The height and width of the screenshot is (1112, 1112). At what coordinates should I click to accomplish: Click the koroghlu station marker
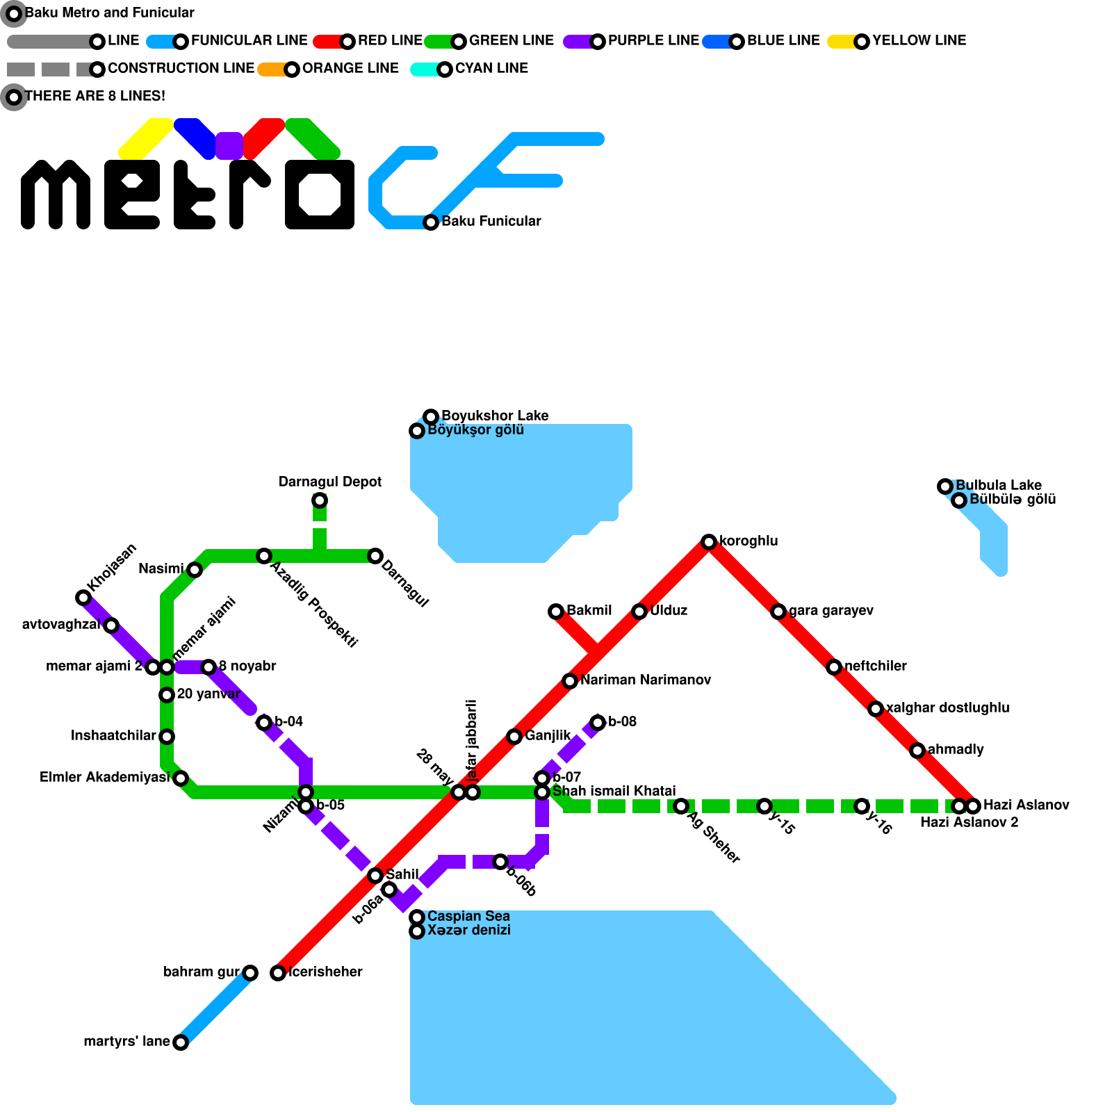tap(708, 542)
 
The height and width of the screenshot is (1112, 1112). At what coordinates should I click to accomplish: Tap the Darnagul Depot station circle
tap(319, 500)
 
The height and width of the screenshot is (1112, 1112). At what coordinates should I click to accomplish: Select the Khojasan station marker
tap(83, 598)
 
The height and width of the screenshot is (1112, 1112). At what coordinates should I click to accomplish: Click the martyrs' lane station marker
tap(180, 1042)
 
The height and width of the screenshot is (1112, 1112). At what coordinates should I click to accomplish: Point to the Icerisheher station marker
tap(278, 973)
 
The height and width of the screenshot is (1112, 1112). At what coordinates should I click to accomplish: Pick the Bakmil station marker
tap(555, 612)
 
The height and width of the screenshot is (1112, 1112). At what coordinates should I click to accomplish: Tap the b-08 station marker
tap(598, 723)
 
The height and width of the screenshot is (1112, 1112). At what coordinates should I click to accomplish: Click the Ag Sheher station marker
tap(681, 806)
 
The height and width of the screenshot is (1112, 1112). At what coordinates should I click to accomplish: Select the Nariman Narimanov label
tap(645, 680)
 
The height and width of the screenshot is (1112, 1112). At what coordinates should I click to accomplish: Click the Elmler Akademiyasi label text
tap(104, 777)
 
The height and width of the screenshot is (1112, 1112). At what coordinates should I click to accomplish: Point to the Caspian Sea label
tap(468, 916)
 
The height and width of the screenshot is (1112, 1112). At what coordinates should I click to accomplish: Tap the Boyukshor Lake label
tap(494, 416)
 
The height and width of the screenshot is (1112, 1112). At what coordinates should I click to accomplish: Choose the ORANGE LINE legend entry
tap(350, 68)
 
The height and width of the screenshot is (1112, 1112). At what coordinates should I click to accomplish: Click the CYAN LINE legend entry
tap(491, 68)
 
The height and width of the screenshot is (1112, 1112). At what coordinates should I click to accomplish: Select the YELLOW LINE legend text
tap(919, 40)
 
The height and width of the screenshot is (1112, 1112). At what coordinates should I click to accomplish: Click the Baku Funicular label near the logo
tap(491, 221)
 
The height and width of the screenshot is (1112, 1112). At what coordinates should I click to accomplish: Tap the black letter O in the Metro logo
tap(320, 195)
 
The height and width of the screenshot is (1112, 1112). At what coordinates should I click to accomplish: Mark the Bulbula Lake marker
tap(945, 486)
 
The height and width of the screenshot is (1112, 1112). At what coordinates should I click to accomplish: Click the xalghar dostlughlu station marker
tap(876, 709)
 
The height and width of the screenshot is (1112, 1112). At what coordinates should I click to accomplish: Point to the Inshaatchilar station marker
tap(167, 737)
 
